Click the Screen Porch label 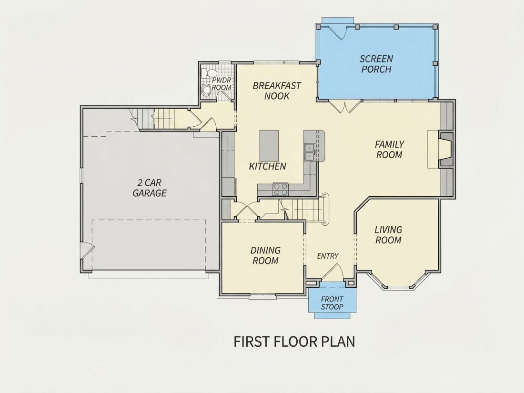376,64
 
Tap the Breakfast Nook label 277,91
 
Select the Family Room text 389,150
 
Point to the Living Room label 388,235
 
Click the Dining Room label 265,256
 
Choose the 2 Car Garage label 150,188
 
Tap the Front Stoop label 332,303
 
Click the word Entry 328,256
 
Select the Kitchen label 268,166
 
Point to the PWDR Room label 222,84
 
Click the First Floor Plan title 294,342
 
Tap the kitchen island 269,146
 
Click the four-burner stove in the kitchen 281,189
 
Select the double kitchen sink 310,152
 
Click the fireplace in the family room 445,150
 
